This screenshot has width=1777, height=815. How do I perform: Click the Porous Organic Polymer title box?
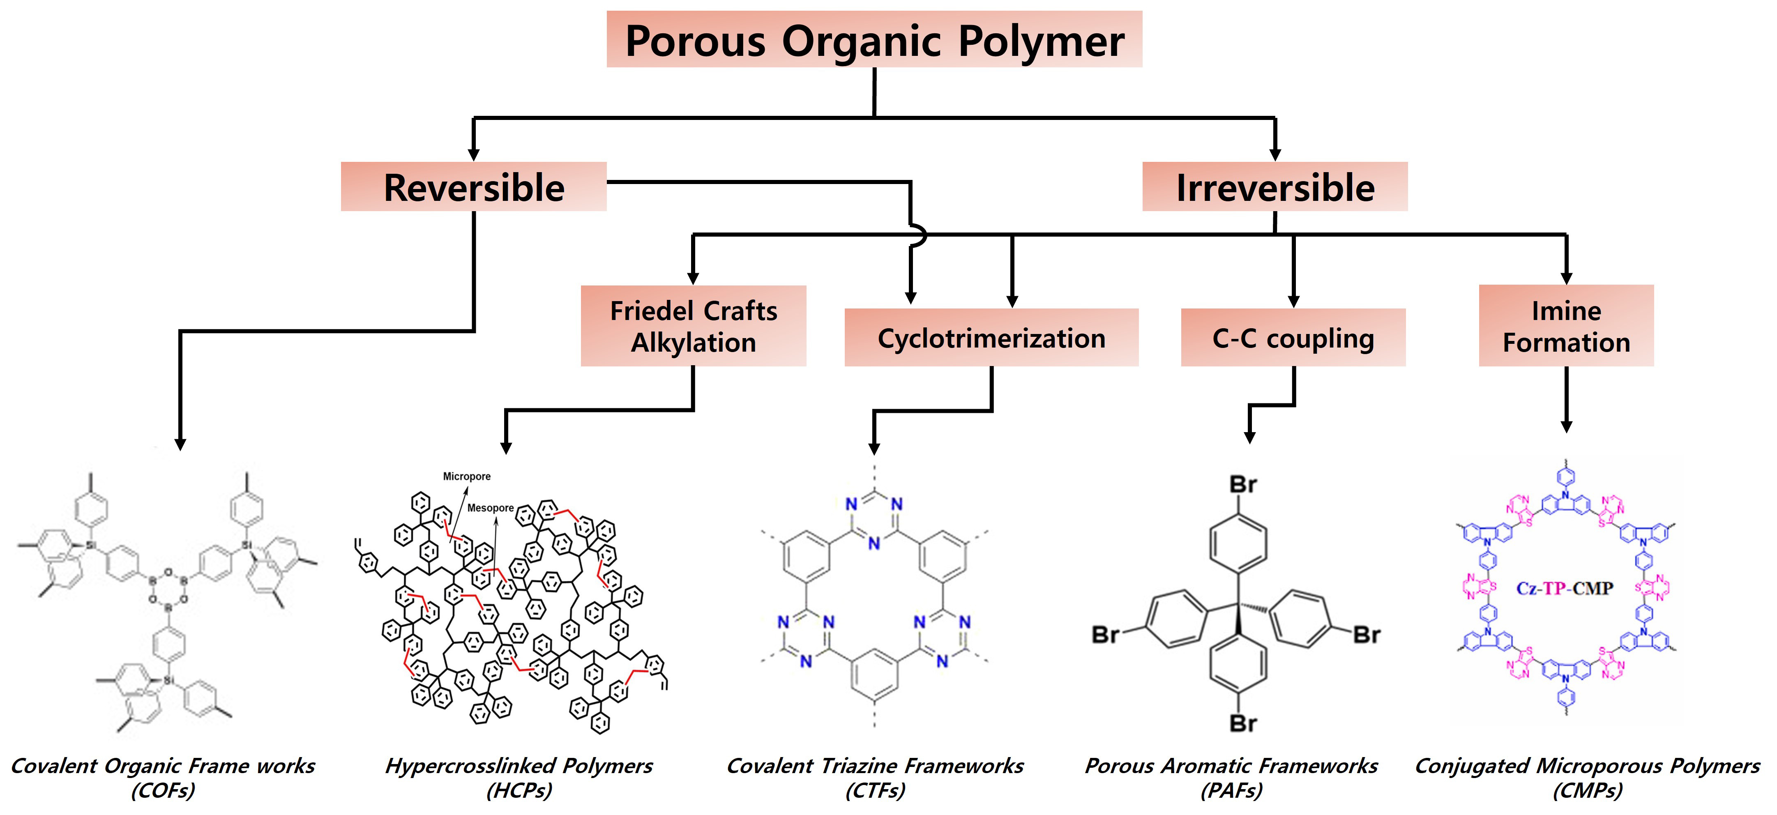point(874,40)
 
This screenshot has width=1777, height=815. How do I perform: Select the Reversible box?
point(474,187)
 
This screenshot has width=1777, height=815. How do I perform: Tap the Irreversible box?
point(1275,187)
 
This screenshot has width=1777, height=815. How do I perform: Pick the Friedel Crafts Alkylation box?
point(693,326)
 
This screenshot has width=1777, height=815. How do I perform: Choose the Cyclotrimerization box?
point(991,338)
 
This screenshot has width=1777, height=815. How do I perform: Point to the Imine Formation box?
point(1566,326)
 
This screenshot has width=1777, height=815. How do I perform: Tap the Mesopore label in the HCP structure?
point(491,508)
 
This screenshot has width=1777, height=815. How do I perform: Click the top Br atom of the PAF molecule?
point(1243,485)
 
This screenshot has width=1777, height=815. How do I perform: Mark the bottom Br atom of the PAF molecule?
point(1243,723)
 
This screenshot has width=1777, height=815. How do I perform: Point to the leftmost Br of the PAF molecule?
point(1105,634)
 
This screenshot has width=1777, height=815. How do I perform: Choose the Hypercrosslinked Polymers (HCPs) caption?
point(519,777)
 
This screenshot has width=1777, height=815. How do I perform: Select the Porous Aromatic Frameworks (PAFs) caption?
point(1231,777)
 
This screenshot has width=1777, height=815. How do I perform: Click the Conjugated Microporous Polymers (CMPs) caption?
point(1587,777)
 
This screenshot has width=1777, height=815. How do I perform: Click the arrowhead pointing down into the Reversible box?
point(474,153)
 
